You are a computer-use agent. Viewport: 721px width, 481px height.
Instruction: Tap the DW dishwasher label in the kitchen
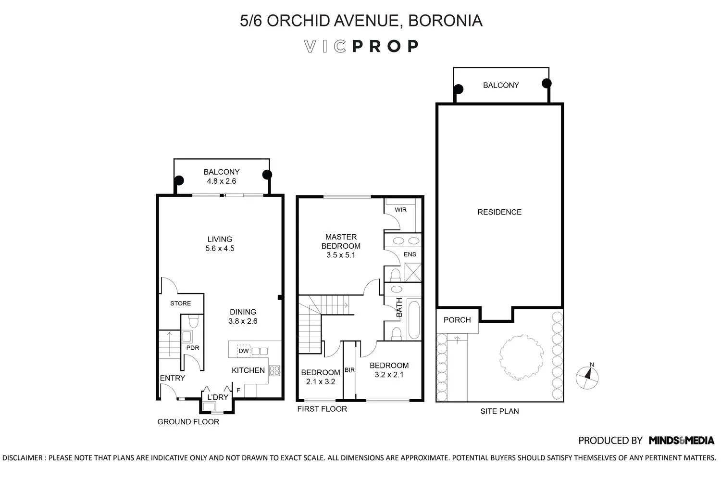point(243,351)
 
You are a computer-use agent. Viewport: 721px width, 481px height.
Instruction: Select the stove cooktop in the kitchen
point(274,370)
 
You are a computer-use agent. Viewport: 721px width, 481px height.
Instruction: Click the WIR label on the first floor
point(400,210)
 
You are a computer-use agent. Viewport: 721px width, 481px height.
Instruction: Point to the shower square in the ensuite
point(412,272)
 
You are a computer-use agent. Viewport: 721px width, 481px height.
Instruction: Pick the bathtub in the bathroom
point(413,319)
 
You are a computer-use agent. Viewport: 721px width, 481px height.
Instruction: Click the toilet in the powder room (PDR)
point(193,321)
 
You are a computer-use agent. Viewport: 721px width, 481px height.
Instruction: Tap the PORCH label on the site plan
point(457,320)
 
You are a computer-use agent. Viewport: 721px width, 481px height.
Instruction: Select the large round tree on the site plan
point(521,357)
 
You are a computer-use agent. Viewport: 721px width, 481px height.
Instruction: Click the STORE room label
point(181,304)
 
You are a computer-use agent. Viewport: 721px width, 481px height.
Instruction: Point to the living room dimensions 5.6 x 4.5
point(220,248)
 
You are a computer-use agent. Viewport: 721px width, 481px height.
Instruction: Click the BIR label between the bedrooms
point(349,370)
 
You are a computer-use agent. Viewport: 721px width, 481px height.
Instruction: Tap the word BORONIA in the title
point(445,21)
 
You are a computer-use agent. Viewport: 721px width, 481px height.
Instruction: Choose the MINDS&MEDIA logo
point(682,441)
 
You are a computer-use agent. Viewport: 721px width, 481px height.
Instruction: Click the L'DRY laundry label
point(218,397)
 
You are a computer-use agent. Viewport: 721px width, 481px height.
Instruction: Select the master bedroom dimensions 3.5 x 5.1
point(341,255)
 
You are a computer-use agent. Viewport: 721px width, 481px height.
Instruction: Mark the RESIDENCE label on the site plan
point(499,212)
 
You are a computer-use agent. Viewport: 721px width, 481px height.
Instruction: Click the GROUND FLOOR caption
point(188,422)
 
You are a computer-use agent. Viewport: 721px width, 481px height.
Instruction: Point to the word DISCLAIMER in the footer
point(23,458)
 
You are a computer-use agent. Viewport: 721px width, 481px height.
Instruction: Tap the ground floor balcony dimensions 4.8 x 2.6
point(222,181)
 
